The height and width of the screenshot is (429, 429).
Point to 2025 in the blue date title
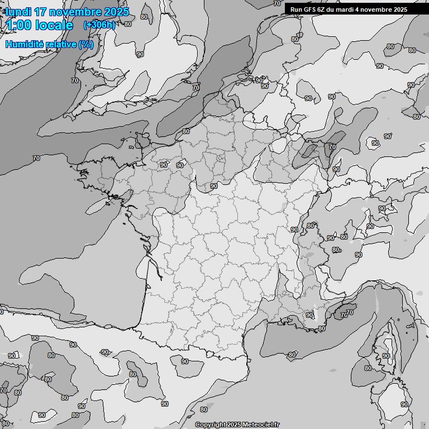click(116, 12)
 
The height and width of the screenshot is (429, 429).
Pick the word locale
click(55, 25)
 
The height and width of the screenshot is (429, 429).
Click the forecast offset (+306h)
click(99, 25)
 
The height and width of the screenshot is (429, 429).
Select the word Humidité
click(23, 44)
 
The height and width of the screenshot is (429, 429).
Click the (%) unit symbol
click(86, 44)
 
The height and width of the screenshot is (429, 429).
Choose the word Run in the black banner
click(296, 9)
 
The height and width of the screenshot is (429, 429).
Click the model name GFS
click(310, 9)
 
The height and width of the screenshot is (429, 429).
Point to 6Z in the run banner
click(323, 9)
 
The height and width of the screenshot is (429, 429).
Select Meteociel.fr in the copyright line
click(261, 425)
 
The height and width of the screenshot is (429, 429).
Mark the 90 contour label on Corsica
click(385, 356)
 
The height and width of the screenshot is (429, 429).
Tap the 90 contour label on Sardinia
click(404, 404)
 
